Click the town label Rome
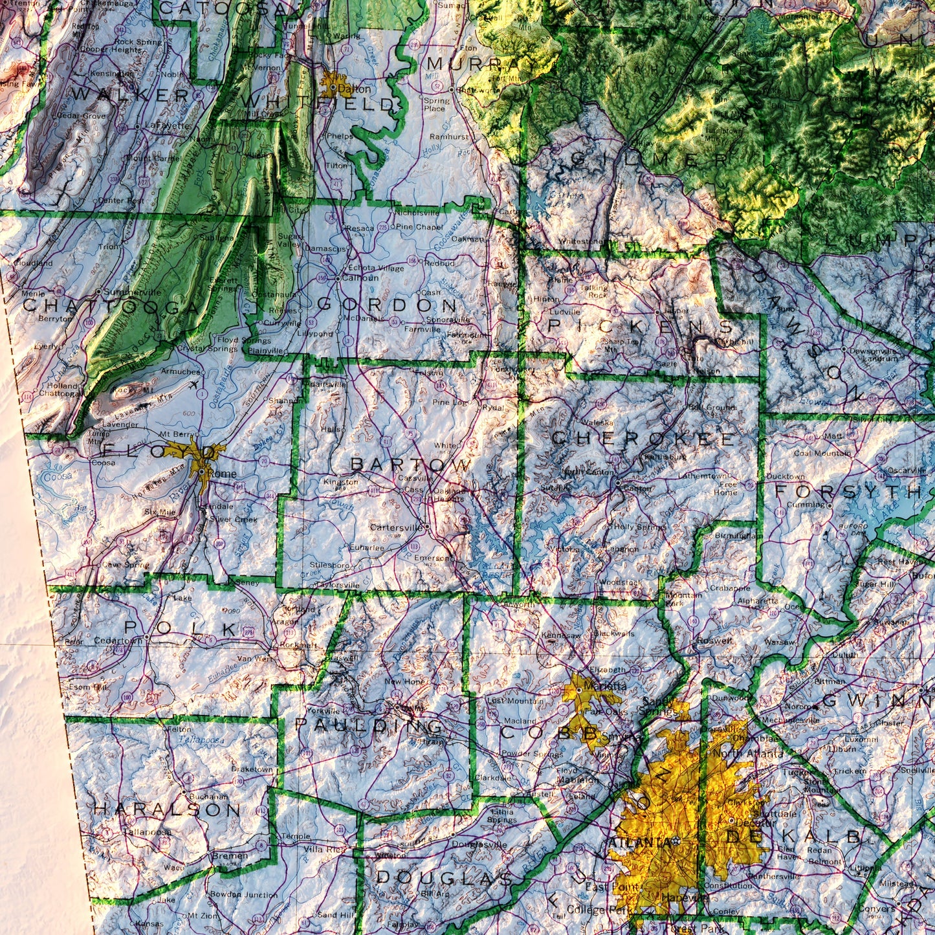pyautogui.click(x=221, y=474)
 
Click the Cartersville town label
pyautogui.click(x=395, y=527)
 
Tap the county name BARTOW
pyautogui.click(x=411, y=465)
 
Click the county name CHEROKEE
pyautogui.click(x=643, y=438)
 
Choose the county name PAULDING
pyautogui.click(x=369, y=725)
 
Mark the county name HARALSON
pyautogui.click(x=167, y=809)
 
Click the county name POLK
pyautogui.click(x=181, y=628)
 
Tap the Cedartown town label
pyautogui.click(x=117, y=641)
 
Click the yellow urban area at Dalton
pyautogui.click(x=331, y=86)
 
